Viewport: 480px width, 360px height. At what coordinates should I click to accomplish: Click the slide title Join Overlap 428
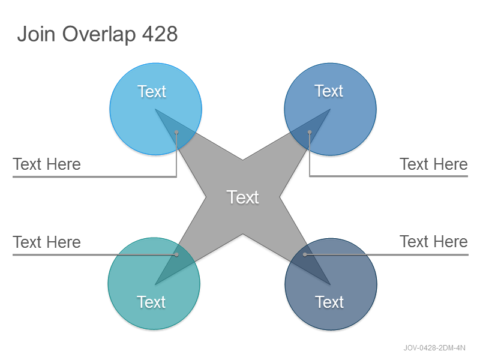[x=97, y=34]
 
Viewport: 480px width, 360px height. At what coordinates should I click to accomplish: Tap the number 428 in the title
[x=160, y=34]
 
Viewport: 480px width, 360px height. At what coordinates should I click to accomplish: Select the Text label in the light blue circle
[x=152, y=91]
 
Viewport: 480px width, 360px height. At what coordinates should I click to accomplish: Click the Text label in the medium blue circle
[x=329, y=91]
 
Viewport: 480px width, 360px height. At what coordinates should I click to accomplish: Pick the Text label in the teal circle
[x=151, y=302]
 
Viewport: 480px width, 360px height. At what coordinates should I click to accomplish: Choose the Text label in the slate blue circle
[x=329, y=302]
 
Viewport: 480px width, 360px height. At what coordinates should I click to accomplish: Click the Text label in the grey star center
[x=243, y=197]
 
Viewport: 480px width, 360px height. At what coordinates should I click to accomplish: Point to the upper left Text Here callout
[x=47, y=164]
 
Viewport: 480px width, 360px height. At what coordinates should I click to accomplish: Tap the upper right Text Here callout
[x=434, y=164]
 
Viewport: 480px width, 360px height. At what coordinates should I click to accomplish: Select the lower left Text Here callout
[x=47, y=242]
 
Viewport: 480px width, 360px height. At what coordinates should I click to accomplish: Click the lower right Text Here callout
[x=434, y=242]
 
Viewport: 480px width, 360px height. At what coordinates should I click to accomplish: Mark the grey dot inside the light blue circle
[x=176, y=132]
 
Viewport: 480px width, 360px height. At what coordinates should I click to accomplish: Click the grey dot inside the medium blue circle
[x=310, y=132]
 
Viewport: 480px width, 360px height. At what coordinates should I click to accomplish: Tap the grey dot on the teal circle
[x=176, y=254]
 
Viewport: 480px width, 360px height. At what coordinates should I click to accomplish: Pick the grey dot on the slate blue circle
[x=305, y=254]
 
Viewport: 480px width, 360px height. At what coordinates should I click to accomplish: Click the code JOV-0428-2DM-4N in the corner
[x=434, y=348]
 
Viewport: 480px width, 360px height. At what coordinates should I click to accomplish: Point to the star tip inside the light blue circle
[x=155, y=109]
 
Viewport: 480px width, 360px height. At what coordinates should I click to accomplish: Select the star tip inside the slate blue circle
[x=331, y=284]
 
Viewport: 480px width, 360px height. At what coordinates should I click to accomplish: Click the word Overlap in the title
[x=99, y=34]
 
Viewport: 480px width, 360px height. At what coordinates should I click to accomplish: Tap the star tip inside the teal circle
[x=155, y=284]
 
